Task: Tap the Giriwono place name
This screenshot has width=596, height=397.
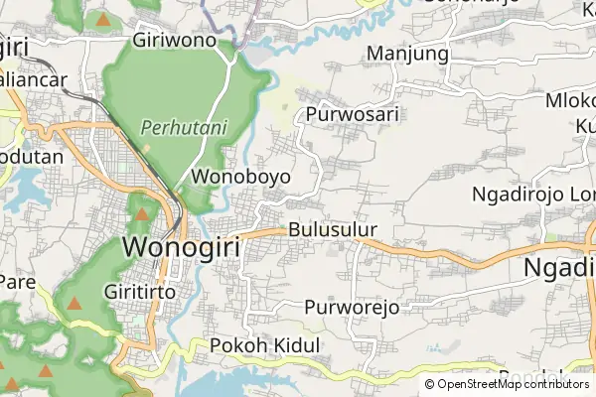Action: pyautogui.click(x=181, y=42)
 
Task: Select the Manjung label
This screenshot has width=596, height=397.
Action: pyautogui.click(x=408, y=53)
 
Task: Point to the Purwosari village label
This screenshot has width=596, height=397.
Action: pyautogui.click(x=353, y=114)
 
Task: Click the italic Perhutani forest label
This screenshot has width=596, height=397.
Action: pyautogui.click(x=184, y=127)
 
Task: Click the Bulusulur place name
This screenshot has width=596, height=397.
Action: pyautogui.click(x=334, y=230)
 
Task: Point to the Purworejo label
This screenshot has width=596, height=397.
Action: pyautogui.click(x=352, y=307)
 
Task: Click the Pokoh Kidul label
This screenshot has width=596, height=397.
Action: pyautogui.click(x=265, y=345)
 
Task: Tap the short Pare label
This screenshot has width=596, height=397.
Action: pyautogui.click(x=17, y=281)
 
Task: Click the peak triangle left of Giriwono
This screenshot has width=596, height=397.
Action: pyautogui.click(x=103, y=19)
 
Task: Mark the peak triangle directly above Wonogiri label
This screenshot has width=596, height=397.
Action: pyautogui.click(x=142, y=213)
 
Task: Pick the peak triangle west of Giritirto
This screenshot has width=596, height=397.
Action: pyautogui.click(x=74, y=303)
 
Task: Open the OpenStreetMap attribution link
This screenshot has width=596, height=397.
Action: pyautogui.click(x=513, y=384)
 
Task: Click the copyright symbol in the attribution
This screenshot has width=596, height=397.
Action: pyautogui.click(x=429, y=384)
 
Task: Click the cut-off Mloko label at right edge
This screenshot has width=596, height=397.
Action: pyautogui.click(x=570, y=100)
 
